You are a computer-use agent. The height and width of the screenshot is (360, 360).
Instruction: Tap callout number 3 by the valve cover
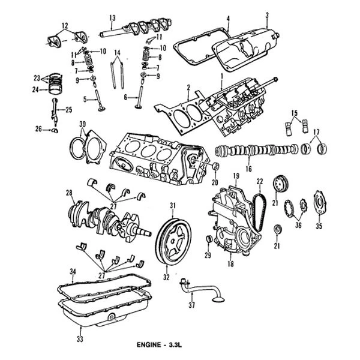pyautogui.click(x=266, y=15)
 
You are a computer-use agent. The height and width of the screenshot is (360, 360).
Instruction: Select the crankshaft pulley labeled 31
pyautogui.click(x=173, y=241)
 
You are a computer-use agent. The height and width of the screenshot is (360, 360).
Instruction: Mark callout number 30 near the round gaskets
pyautogui.click(x=82, y=124)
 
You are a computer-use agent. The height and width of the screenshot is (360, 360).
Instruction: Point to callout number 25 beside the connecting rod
pyautogui.click(x=68, y=109)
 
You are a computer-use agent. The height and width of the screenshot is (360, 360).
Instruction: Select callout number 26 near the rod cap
pyautogui.click(x=39, y=129)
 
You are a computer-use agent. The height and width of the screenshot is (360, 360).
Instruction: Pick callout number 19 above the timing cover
pyautogui.click(x=236, y=175)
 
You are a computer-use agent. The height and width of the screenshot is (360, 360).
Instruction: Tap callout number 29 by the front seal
pyautogui.click(x=208, y=256)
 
